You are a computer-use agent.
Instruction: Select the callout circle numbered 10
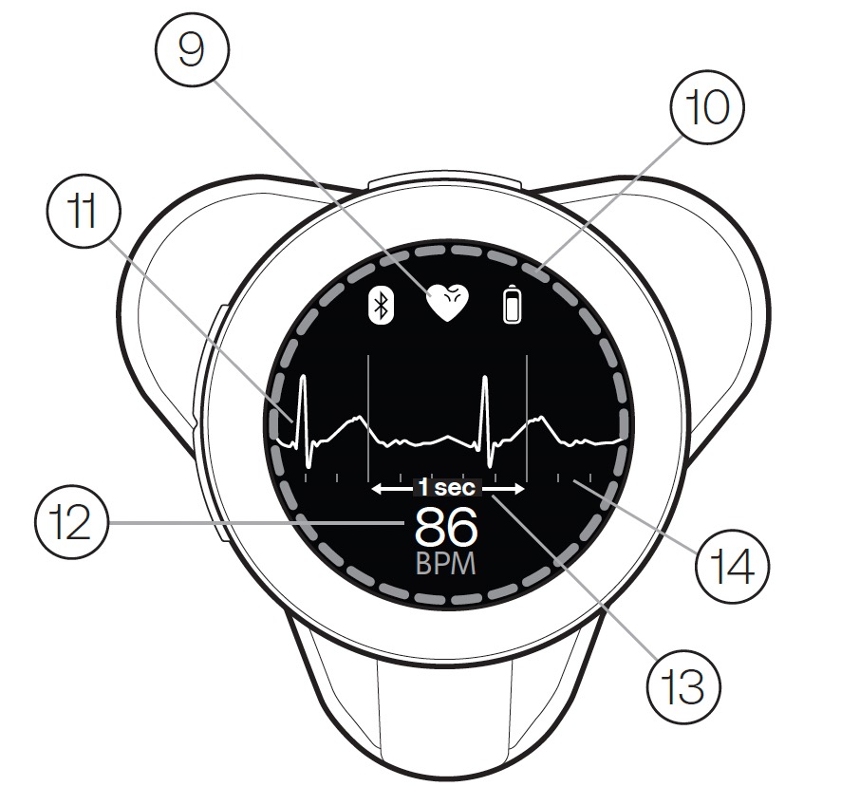tap(707, 108)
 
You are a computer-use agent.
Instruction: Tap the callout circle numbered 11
tap(84, 211)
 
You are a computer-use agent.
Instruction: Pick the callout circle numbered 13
tap(683, 687)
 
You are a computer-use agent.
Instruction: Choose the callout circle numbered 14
tap(732, 567)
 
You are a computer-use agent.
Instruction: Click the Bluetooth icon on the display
tap(382, 306)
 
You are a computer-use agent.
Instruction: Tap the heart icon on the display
tap(447, 303)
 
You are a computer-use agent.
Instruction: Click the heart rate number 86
tap(446, 527)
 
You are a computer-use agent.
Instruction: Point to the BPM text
tap(446, 564)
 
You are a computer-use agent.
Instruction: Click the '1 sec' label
tap(447, 488)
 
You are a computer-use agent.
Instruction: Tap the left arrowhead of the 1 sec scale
tap(377, 489)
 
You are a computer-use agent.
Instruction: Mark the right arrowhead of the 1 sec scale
tap(519, 489)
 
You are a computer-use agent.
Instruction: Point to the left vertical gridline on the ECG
tap(368, 418)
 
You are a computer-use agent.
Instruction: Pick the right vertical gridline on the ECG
tap(527, 418)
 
